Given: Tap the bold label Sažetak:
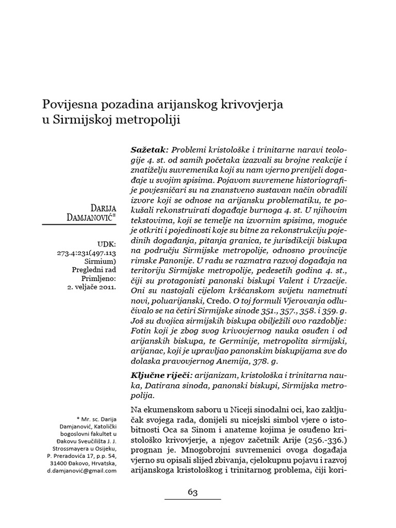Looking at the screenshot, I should pos(146,148).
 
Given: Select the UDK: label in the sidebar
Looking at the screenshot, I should pos(107,244).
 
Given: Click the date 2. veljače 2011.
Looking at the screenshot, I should pos(93,286).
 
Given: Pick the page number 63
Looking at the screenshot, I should pos(192,492).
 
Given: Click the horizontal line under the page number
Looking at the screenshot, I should pos(192,499).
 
